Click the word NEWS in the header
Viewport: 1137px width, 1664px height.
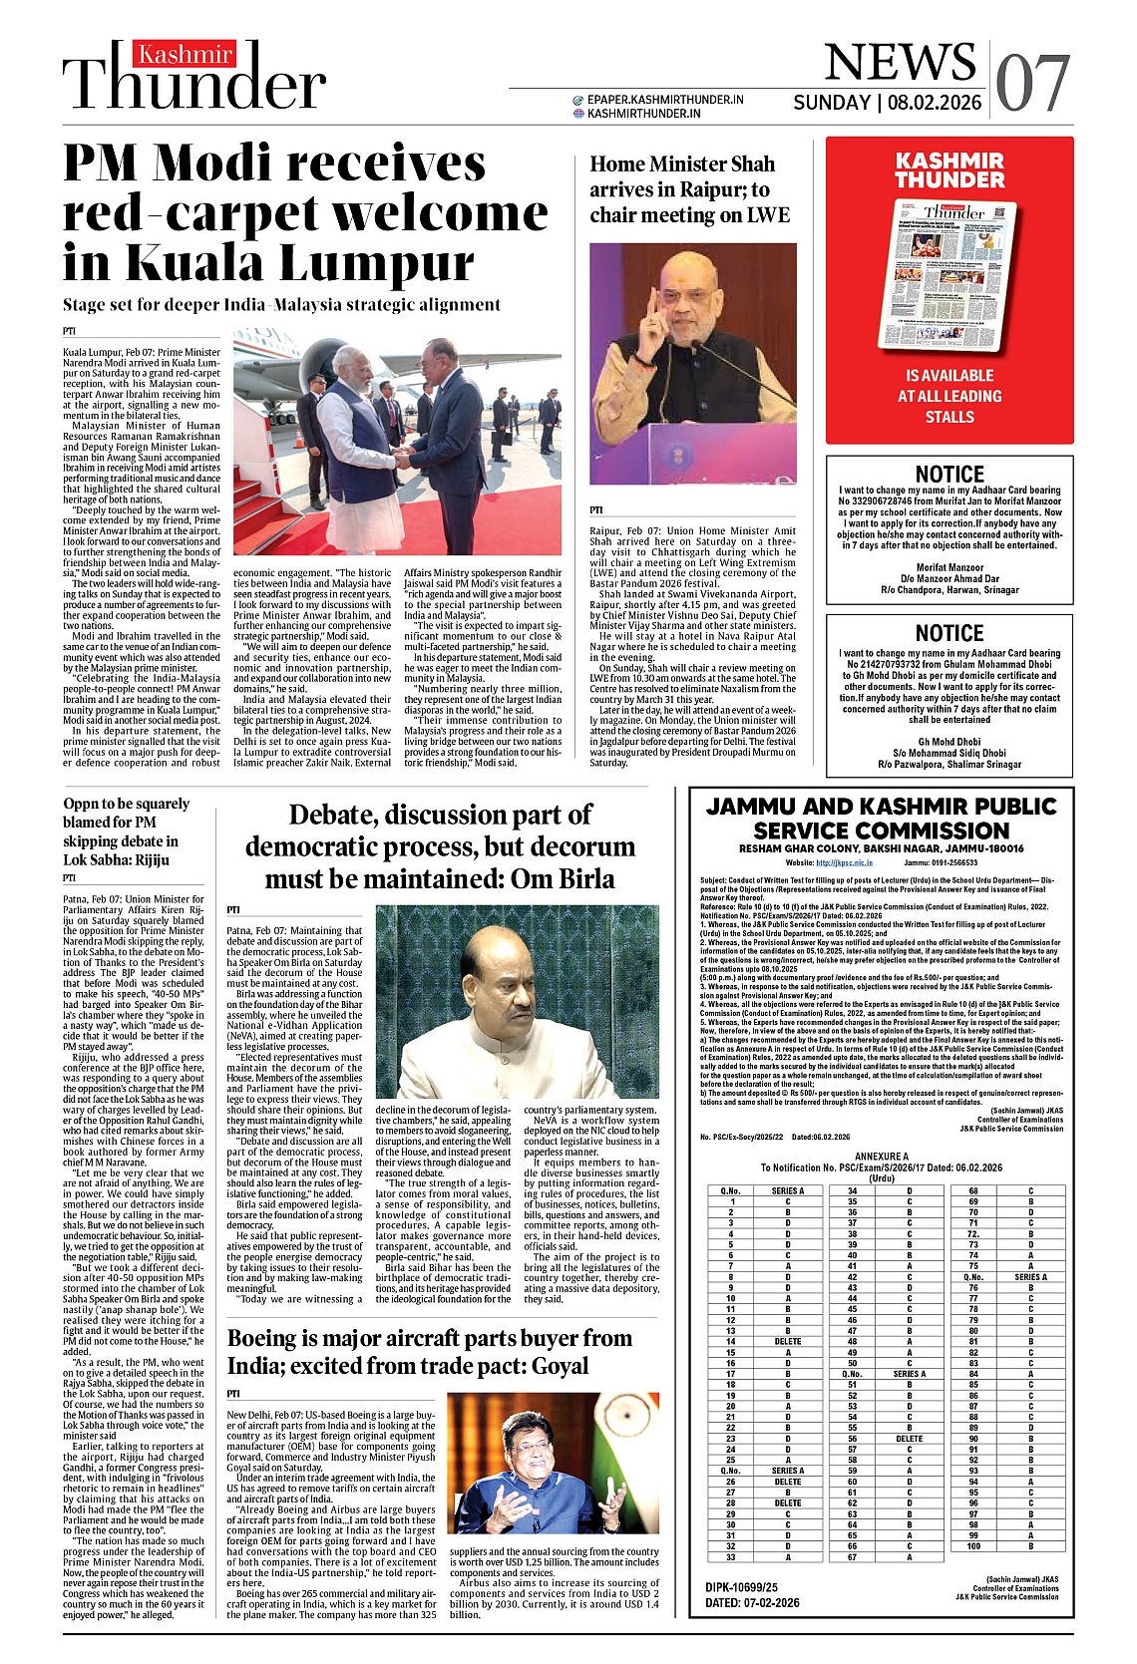(x=900, y=62)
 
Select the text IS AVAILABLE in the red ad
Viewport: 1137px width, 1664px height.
(x=949, y=376)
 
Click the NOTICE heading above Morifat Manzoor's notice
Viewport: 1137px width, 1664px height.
(x=949, y=475)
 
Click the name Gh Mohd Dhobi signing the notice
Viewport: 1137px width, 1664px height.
(x=949, y=742)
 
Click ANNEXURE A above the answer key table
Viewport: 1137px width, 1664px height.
(x=882, y=1157)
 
